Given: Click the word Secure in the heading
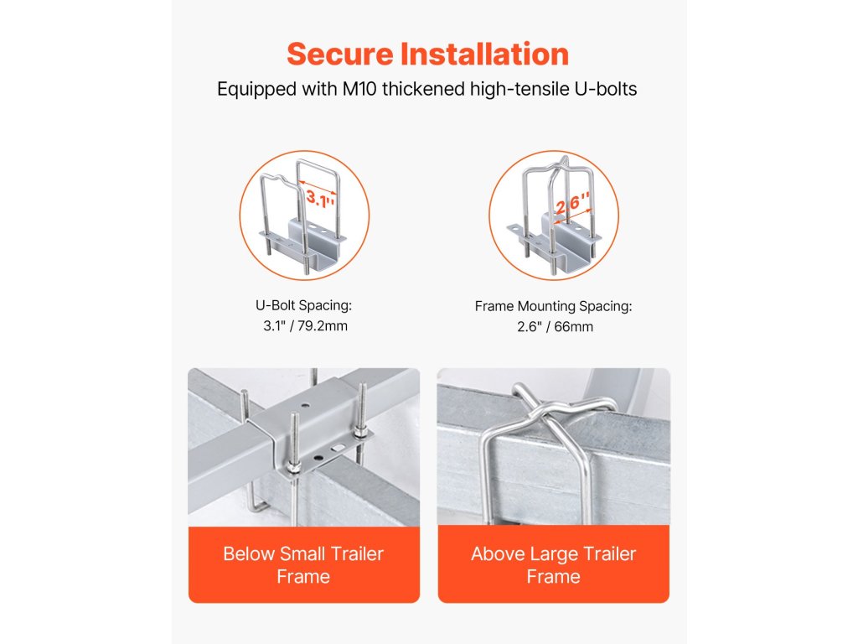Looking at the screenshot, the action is [340, 55].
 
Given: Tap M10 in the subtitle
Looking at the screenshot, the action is [359, 89].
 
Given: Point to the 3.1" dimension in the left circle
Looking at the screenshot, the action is [320, 198].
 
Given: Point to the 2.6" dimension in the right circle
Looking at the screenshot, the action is [572, 204].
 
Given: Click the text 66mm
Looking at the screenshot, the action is [573, 327].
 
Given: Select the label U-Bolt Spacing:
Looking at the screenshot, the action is [303, 305].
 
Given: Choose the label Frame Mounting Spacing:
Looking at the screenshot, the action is [553, 306].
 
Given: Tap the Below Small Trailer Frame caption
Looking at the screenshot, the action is [303, 565].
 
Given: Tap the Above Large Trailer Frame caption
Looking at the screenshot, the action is [553, 565].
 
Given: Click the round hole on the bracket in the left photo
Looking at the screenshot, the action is [304, 407].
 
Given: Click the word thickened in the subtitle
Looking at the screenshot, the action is [423, 89].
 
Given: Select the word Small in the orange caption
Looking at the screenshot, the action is [302, 553].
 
